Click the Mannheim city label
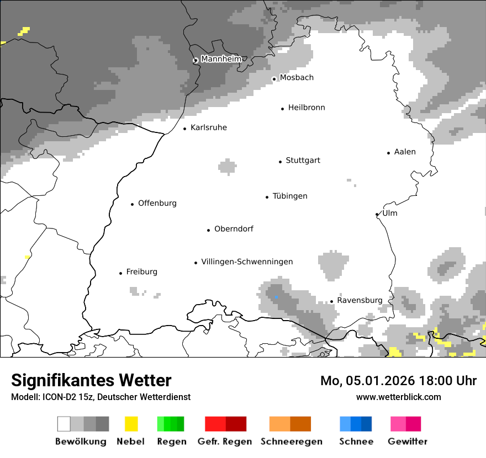pyautogui.click(x=221, y=59)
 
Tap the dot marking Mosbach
pyautogui.click(x=274, y=79)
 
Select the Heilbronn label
pyautogui.click(x=307, y=108)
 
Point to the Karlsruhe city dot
pyautogui.click(x=185, y=129)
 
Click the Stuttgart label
pyautogui.click(x=303, y=161)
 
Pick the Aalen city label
pyautogui.click(x=405, y=152)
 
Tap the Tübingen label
pyautogui.click(x=290, y=196)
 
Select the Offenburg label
pyautogui.click(x=157, y=203)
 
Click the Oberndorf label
pyautogui.click(x=234, y=229)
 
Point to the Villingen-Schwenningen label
pyautogui.click(x=247, y=262)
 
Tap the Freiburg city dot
pyautogui.click(x=120, y=273)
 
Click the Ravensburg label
pyautogui.click(x=360, y=300)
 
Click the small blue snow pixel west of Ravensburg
pyautogui.click(x=277, y=297)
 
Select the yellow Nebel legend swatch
pyautogui.click(x=131, y=424)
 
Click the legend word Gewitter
pyautogui.click(x=408, y=441)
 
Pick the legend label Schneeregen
pyautogui.click(x=292, y=441)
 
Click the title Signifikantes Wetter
pyautogui.click(x=91, y=380)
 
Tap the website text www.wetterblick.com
pyautogui.click(x=399, y=397)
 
